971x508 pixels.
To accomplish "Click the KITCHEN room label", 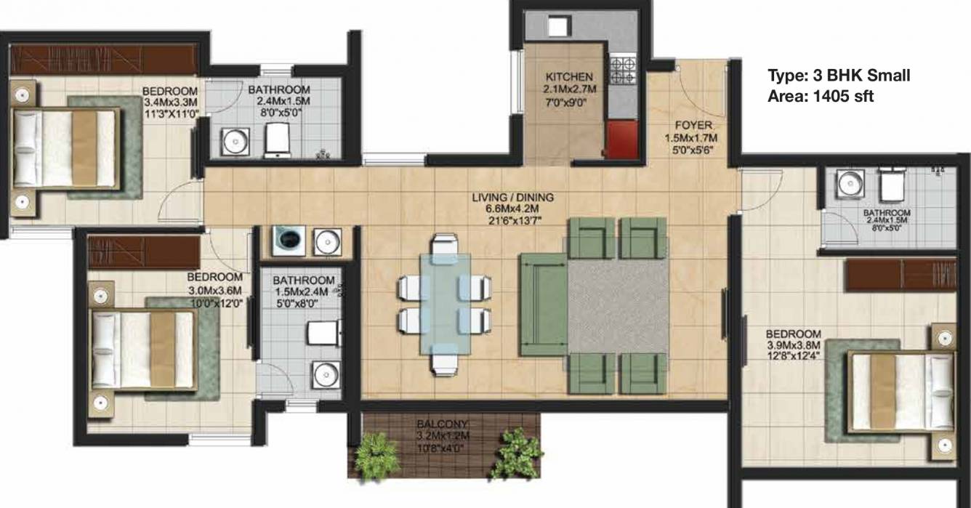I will click(x=570, y=76).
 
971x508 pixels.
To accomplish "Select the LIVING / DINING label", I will click(x=512, y=197).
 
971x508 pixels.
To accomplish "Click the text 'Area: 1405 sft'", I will click(x=821, y=95).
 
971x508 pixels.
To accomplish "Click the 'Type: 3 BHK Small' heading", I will click(x=839, y=76).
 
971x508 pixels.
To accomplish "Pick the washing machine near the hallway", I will click(x=287, y=240).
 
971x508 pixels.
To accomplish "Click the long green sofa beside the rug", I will click(x=542, y=304).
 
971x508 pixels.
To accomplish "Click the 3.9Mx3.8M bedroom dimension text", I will click(x=793, y=345).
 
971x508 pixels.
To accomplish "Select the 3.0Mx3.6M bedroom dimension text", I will click(x=214, y=291).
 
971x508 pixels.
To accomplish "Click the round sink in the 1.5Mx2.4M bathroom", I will click(x=325, y=374).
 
